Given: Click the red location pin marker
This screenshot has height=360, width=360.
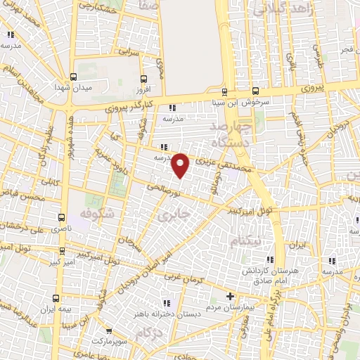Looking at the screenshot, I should point(181,165).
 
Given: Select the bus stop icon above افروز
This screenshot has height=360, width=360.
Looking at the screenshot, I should point(144,79).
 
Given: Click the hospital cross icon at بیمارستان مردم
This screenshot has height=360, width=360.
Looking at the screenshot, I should point(231,297).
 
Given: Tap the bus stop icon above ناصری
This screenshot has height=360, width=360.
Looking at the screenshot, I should point(63,217).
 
